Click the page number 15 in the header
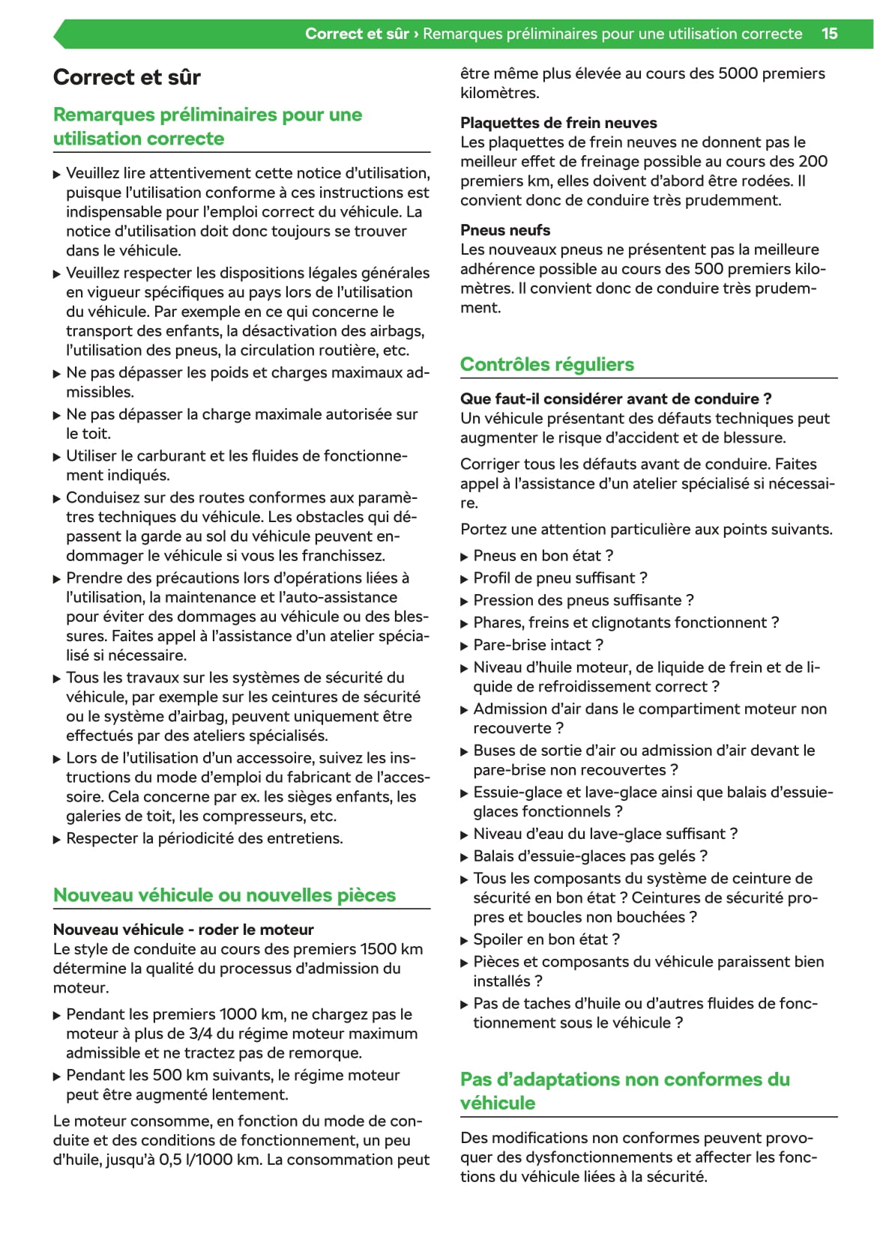(829, 34)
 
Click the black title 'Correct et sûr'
(127, 77)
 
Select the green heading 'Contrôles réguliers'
(546, 365)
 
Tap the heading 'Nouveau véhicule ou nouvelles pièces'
(224, 895)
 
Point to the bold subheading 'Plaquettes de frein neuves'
(558, 123)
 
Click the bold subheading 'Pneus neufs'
(505, 230)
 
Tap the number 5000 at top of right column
(738, 73)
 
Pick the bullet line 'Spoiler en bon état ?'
(546, 939)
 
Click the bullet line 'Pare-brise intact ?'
(538, 645)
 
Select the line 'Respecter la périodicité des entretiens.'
(205, 838)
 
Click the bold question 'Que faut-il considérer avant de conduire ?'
(615, 399)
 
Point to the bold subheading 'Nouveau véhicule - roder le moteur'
(184, 930)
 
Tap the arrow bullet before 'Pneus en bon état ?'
(465, 557)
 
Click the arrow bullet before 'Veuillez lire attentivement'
(58, 174)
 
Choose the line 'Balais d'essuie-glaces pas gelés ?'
(590, 856)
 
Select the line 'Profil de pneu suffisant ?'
(560, 578)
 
